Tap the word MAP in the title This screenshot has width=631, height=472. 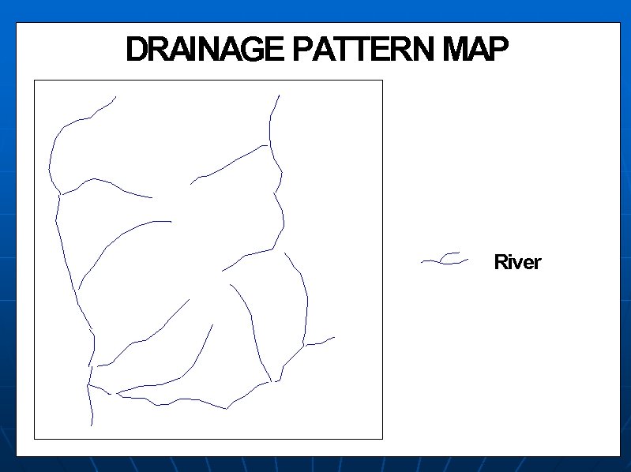475,51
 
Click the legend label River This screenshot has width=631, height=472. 517,262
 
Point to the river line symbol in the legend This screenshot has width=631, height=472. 445,259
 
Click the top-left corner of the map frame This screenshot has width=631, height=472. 34,80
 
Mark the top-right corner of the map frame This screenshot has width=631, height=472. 382,80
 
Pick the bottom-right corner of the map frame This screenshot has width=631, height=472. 382,438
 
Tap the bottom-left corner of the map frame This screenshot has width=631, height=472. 34,438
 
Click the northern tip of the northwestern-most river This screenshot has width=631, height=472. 116,97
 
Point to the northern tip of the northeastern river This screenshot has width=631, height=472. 279,96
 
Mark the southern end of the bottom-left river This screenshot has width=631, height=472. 92,425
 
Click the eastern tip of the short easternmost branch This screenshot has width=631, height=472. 335,337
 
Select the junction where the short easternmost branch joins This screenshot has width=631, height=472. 305,345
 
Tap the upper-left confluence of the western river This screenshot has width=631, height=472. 61,193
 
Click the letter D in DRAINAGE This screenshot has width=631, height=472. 137,51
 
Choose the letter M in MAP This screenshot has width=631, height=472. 456,51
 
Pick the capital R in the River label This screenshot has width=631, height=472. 501,262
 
